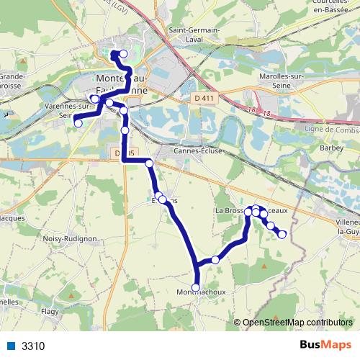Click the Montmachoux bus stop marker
click(x=196, y=287)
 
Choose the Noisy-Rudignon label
click(x=69, y=238)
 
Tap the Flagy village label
click(x=50, y=312)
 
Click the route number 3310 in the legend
click(x=33, y=346)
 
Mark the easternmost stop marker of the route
click(x=282, y=233)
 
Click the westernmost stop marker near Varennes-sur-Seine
click(x=78, y=123)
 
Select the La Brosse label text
click(x=229, y=210)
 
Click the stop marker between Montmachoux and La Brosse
click(x=215, y=259)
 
